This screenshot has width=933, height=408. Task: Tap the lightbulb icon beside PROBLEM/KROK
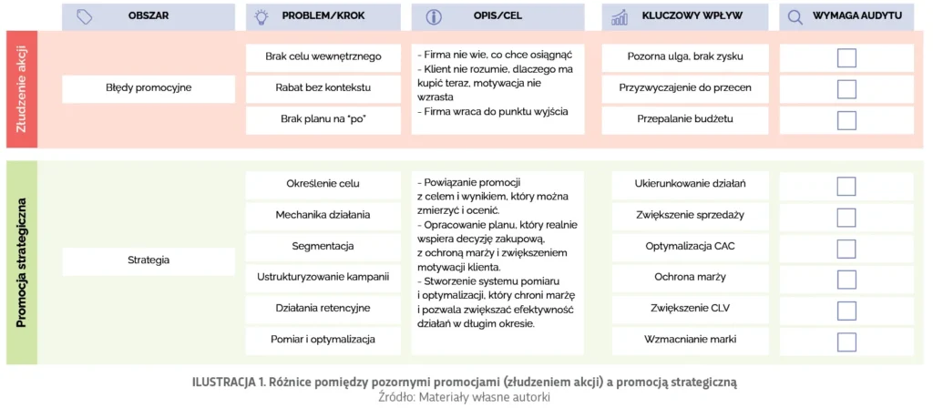tap(261, 17)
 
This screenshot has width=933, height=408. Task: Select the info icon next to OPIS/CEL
tap(434, 17)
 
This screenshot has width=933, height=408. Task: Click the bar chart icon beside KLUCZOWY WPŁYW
tap(620, 17)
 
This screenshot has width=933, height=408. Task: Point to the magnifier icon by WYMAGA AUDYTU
tap(795, 17)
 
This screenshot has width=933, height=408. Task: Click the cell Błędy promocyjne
tap(149, 88)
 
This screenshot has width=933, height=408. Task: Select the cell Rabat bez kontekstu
tap(323, 88)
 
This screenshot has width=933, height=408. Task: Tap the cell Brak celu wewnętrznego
tap(323, 56)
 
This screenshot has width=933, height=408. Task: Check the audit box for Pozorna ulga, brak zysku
tap(846, 57)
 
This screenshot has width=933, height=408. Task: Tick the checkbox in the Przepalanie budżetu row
tap(846, 119)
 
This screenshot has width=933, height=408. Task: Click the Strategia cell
tap(149, 260)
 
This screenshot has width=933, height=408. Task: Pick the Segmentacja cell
tap(323, 246)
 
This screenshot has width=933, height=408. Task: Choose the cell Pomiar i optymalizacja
tap(323, 340)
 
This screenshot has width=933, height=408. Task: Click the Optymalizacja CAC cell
tap(691, 246)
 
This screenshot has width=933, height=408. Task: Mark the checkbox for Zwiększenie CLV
tap(846, 309)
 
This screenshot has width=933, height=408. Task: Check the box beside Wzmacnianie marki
tap(846, 341)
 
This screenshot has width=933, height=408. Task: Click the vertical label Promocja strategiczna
tap(21, 262)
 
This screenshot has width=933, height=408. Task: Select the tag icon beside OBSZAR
tap(84, 17)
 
